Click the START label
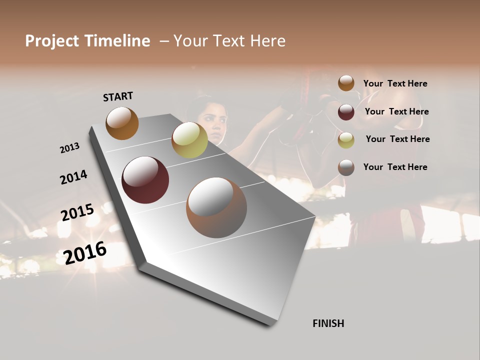(118, 96)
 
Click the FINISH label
(328, 323)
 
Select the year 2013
(69, 148)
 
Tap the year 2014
(73, 177)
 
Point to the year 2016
(85, 252)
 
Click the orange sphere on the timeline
(122, 123)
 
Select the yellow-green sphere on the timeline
(189, 140)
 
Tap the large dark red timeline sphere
(145, 180)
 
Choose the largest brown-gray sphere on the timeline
(216, 207)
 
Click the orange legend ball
(346, 83)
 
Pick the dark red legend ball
(346, 111)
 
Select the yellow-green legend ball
(346, 139)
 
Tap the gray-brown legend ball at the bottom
(346, 167)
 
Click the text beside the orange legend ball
(395, 84)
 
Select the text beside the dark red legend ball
(396, 111)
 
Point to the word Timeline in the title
(117, 41)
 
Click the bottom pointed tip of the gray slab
(270, 325)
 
